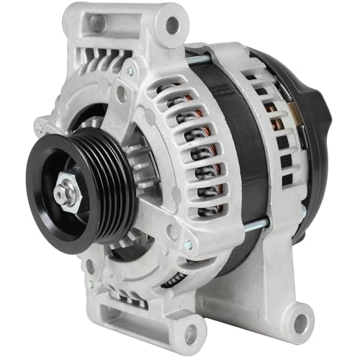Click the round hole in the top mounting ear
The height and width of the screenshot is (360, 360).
point(172,25)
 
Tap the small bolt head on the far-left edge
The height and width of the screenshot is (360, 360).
point(38,130)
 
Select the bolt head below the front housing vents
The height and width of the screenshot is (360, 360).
point(189,245)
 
